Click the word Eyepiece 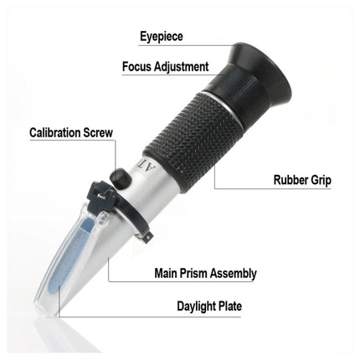(x=161, y=37)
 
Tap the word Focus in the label (x=138, y=66)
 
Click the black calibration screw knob (x=121, y=177)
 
